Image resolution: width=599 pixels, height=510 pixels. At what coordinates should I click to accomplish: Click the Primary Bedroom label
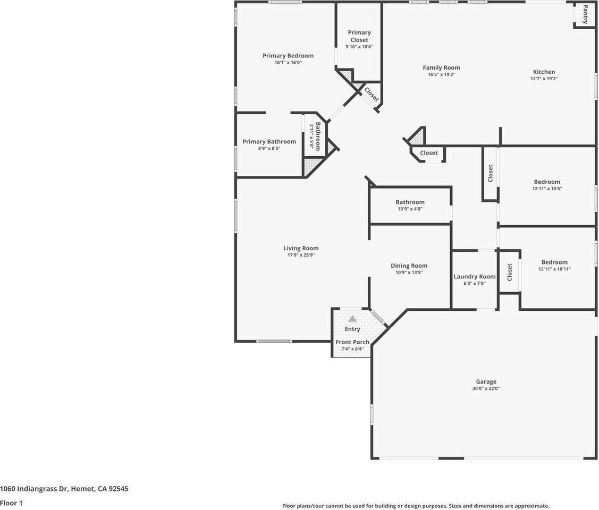click(x=288, y=56)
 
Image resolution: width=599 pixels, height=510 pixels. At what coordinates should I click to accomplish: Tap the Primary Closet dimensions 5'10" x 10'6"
click(x=359, y=47)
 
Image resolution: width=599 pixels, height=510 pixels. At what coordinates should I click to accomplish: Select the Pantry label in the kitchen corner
click(x=585, y=14)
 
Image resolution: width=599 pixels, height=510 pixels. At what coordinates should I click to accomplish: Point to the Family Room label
click(x=441, y=67)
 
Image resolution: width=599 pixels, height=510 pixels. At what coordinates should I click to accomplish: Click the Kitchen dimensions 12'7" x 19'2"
click(x=544, y=79)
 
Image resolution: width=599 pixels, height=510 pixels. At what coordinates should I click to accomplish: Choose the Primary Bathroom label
click(x=269, y=141)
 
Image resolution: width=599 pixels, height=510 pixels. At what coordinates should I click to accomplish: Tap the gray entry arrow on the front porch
click(x=352, y=319)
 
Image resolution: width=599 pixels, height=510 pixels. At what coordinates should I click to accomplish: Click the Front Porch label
click(x=352, y=342)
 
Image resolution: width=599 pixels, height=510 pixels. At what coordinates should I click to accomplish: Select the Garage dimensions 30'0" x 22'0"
click(x=486, y=388)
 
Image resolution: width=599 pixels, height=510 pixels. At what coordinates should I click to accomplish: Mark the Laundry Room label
click(x=474, y=276)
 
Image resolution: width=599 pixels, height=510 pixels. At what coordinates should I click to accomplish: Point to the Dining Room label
click(x=409, y=266)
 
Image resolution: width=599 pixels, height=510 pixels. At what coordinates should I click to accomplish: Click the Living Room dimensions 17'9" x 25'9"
click(x=301, y=255)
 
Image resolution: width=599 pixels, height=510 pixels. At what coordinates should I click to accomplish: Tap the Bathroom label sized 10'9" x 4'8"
click(x=410, y=202)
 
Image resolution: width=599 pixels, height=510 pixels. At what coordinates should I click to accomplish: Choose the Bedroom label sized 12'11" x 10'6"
click(x=547, y=182)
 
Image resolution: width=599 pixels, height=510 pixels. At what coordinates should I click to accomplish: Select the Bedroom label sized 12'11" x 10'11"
click(x=554, y=262)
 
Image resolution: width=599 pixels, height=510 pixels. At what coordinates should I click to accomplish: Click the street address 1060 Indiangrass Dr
click(x=64, y=489)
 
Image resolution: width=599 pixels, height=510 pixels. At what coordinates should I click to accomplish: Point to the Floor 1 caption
click(x=11, y=503)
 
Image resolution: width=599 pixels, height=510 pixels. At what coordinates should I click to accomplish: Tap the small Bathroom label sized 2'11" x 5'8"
click(x=318, y=136)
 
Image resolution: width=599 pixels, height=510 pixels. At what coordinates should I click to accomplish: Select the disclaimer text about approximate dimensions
click(x=415, y=506)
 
